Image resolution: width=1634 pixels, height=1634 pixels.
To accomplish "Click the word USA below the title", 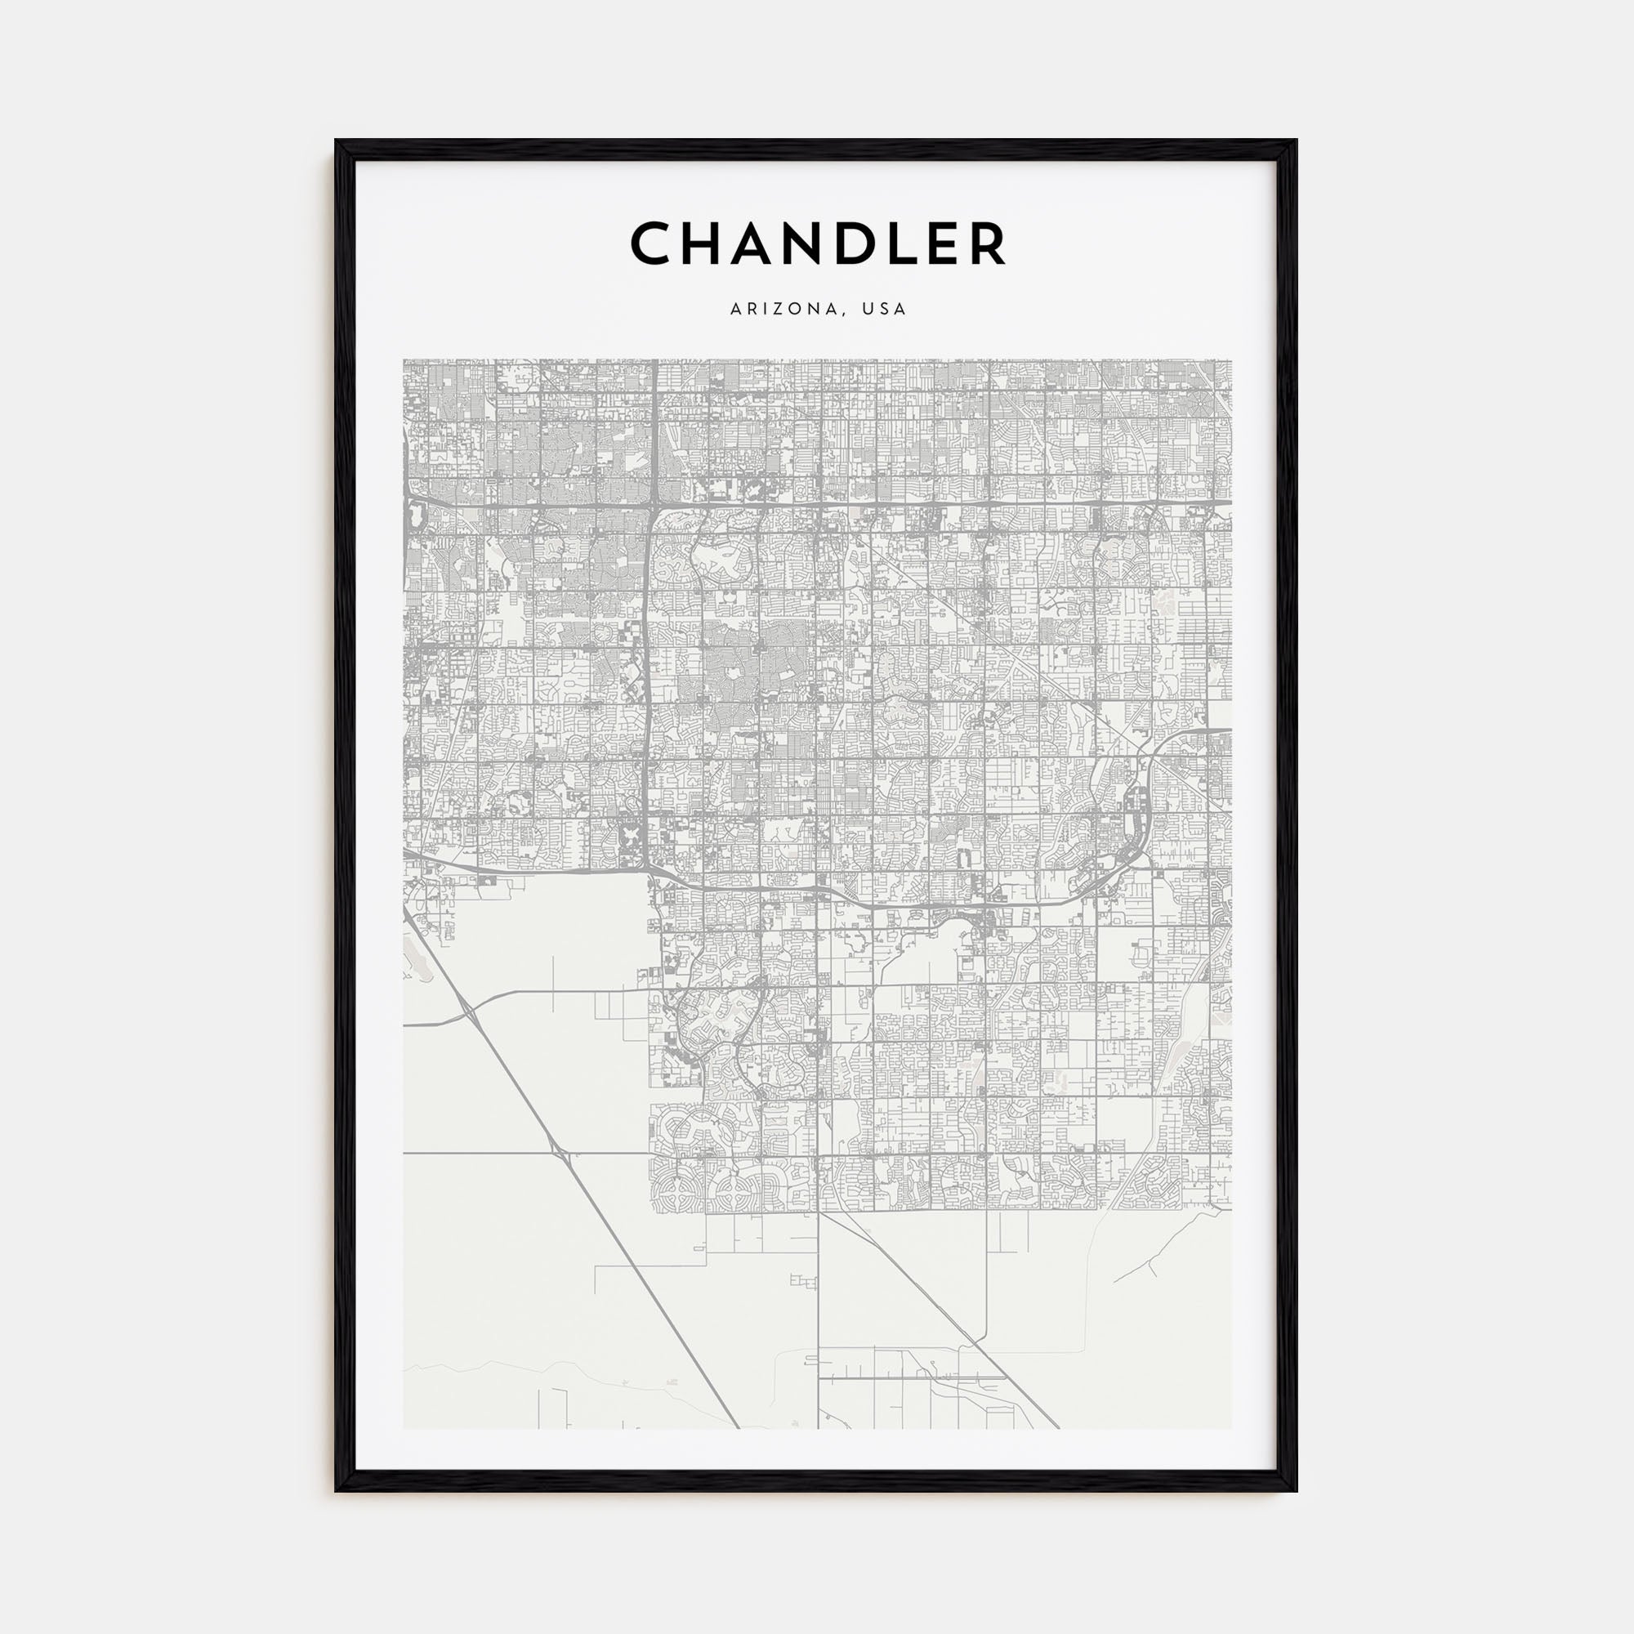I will point(884,310).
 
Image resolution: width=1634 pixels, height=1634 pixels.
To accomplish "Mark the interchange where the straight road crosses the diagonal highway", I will point(556,1151).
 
